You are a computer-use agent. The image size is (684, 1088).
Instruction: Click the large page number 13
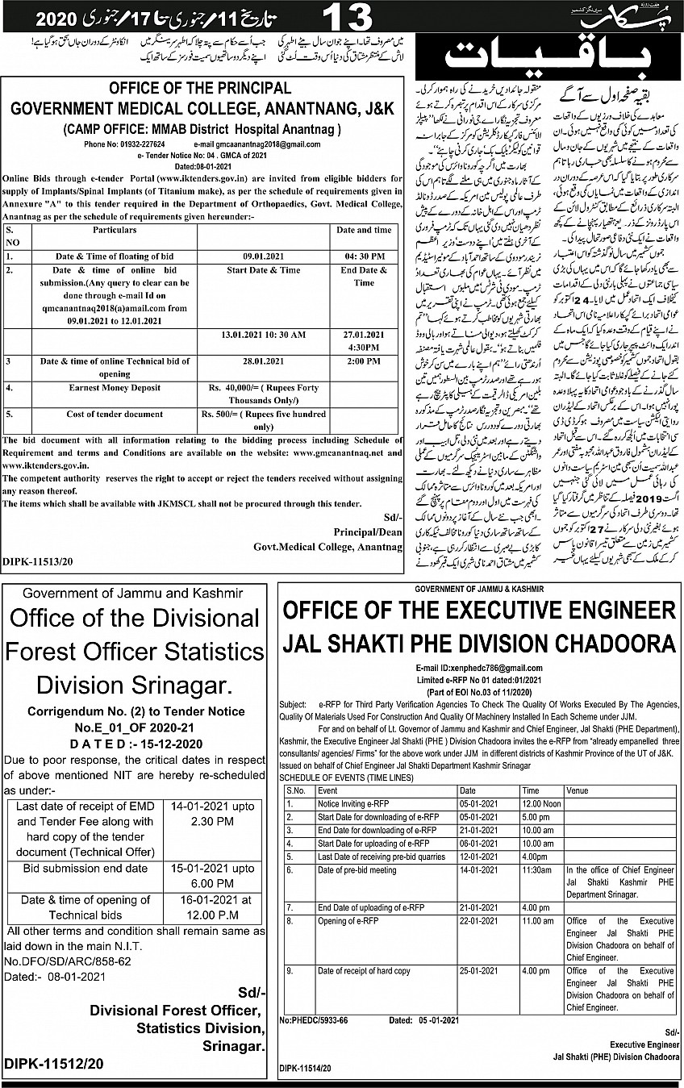click(348, 17)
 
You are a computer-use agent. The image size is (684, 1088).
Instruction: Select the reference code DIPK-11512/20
click(54, 1064)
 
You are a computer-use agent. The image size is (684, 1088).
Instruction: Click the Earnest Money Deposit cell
click(102, 388)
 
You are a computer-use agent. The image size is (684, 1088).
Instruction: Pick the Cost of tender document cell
click(102, 415)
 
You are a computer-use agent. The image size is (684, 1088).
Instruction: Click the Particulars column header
click(103, 230)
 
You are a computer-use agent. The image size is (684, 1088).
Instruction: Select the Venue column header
click(578, 791)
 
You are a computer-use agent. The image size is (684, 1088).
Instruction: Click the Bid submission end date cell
click(85, 869)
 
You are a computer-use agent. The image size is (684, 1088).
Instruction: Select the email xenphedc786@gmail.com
click(479, 669)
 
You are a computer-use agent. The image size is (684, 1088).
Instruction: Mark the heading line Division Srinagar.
click(133, 685)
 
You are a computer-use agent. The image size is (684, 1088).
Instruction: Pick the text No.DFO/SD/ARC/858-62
click(68, 961)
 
